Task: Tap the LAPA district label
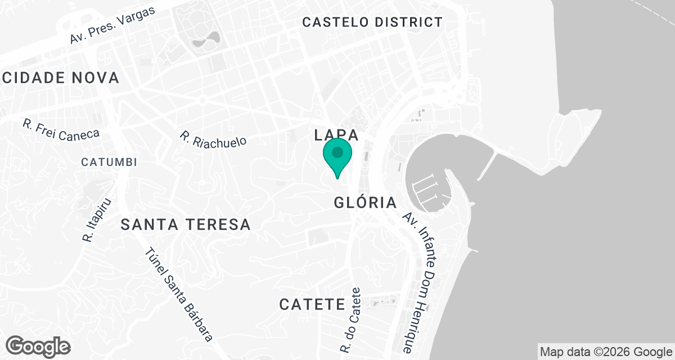click(336, 135)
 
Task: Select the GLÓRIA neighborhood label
click(366, 202)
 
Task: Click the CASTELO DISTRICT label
click(372, 22)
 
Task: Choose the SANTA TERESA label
click(186, 225)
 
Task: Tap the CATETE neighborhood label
click(312, 305)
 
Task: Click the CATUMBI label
click(109, 162)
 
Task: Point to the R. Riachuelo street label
click(213, 139)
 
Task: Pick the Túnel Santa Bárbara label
click(179, 295)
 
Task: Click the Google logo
click(38, 346)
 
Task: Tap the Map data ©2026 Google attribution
click(606, 352)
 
